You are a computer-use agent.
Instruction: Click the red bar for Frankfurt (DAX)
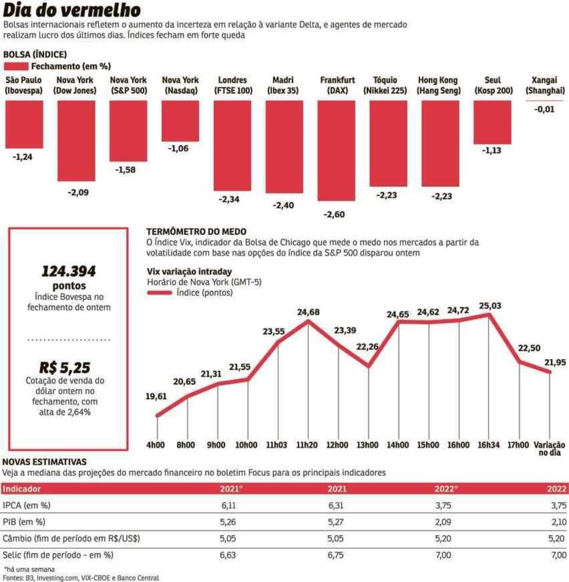tap(337, 150)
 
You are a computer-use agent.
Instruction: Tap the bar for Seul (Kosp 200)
tap(492, 122)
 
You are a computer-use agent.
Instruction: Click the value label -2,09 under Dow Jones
tap(76, 193)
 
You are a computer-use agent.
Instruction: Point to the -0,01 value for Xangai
tap(545, 109)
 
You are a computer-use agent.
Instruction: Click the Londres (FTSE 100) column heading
tap(232, 85)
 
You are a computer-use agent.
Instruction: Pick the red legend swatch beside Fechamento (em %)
tap(16, 66)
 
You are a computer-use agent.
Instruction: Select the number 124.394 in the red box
tap(69, 271)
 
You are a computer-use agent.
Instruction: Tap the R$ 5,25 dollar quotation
tap(65, 367)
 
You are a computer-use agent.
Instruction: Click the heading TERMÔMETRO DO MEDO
tap(196, 232)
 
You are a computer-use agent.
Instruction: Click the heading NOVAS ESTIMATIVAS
tap(45, 461)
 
